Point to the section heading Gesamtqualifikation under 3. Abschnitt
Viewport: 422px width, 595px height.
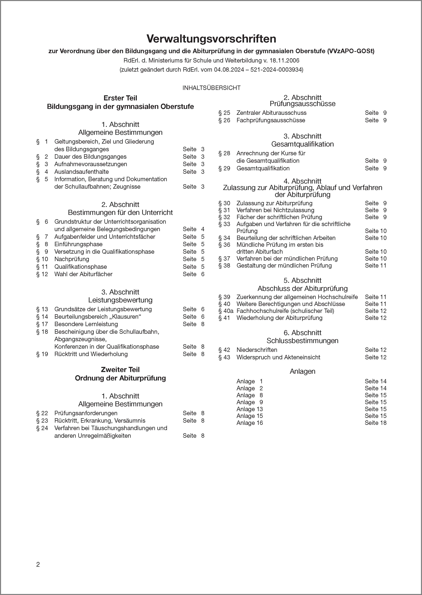coord(303,144)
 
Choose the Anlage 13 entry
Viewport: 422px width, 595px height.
coord(249,409)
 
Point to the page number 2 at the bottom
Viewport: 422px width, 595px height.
coord(38,565)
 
